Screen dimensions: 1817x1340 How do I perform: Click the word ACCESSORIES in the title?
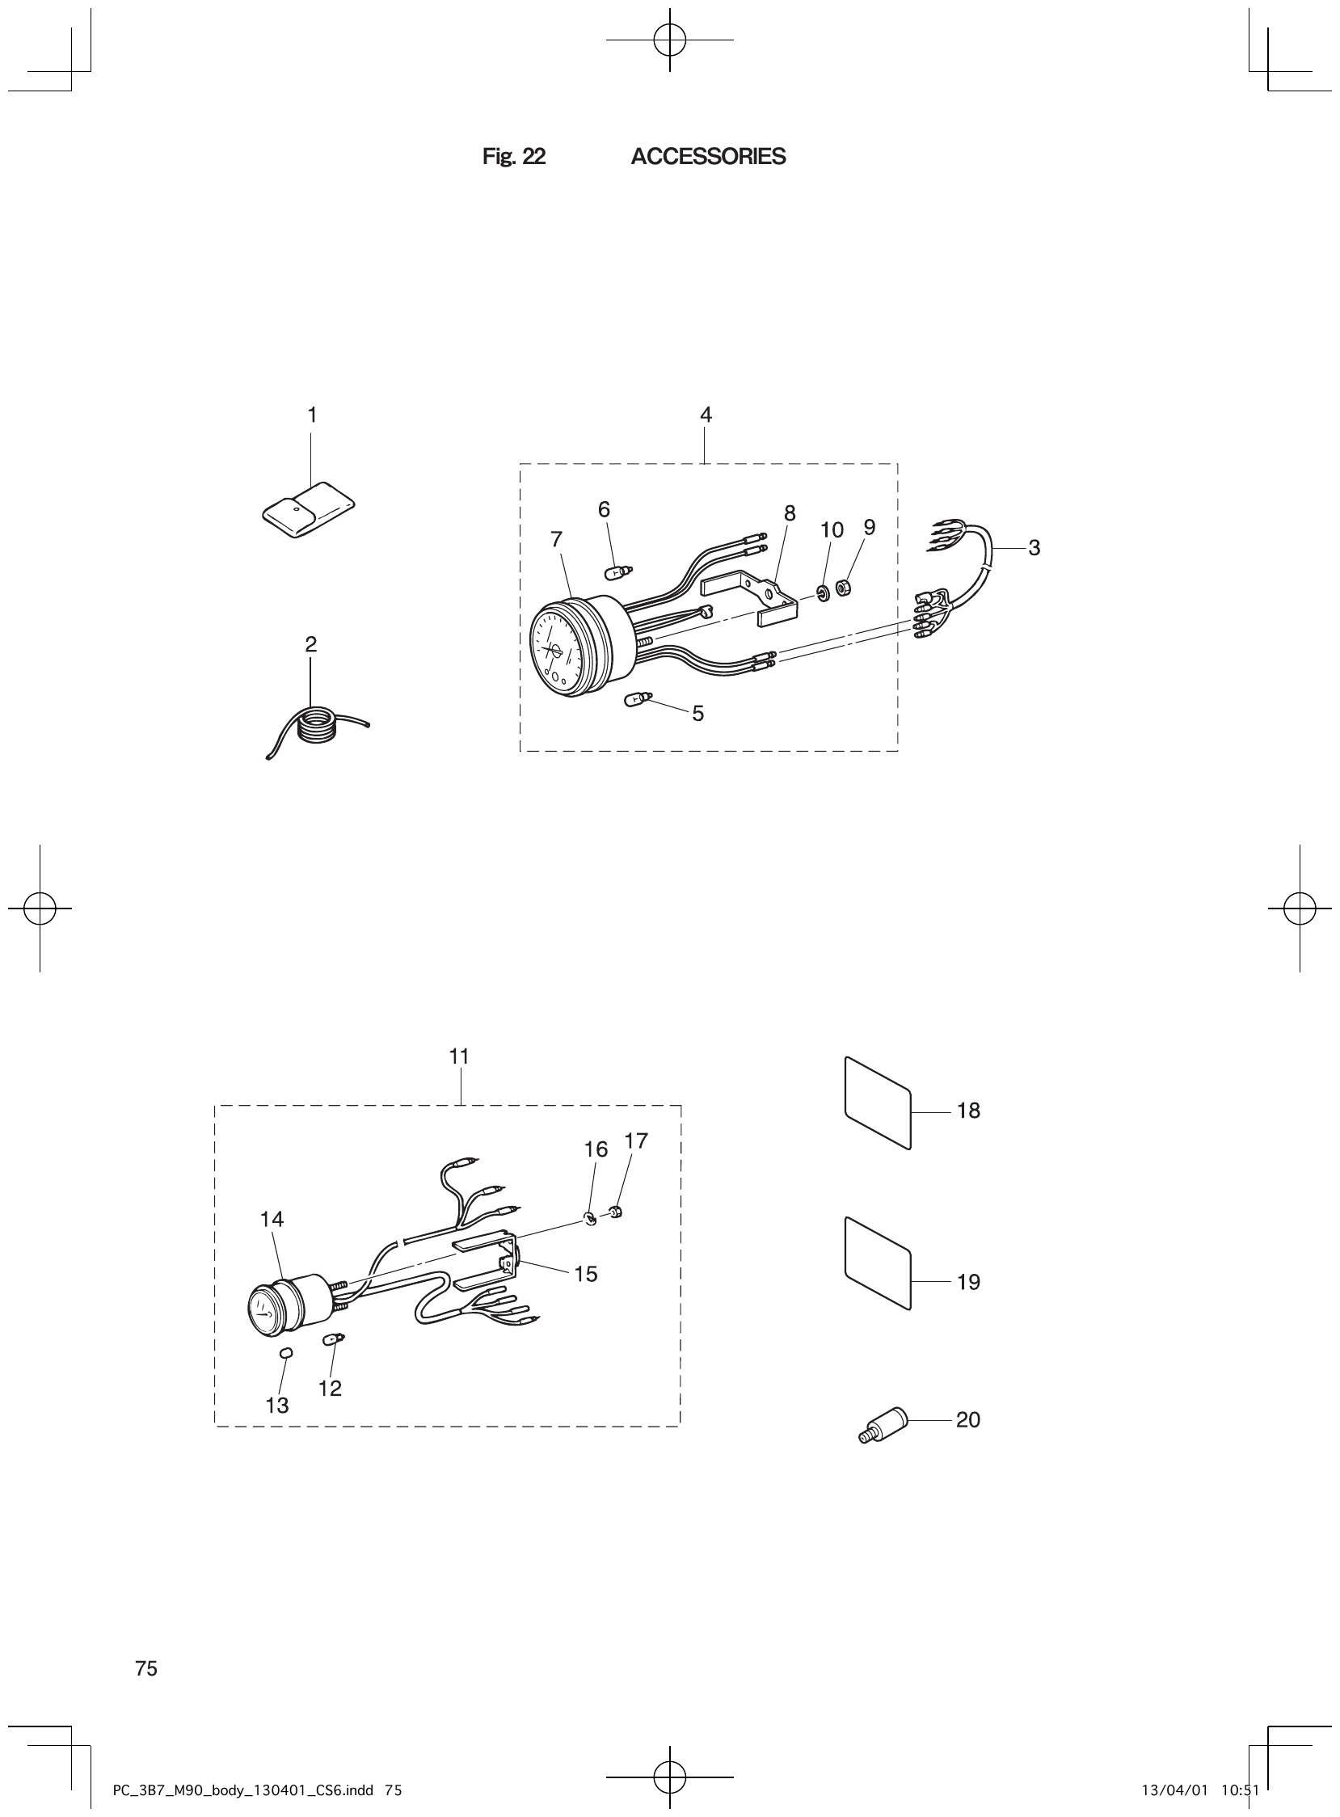(707, 157)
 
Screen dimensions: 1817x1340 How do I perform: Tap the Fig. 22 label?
(513, 157)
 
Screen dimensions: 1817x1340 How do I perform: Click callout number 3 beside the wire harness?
(1034, 548)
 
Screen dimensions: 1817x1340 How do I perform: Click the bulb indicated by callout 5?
(637, 698)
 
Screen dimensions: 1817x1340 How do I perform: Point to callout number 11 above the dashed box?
(459, 1057)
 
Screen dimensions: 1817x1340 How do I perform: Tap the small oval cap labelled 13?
(285, 1352)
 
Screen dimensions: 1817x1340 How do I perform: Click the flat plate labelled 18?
(879, 1102)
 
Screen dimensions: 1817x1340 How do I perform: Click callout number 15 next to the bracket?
(585, 1275)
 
